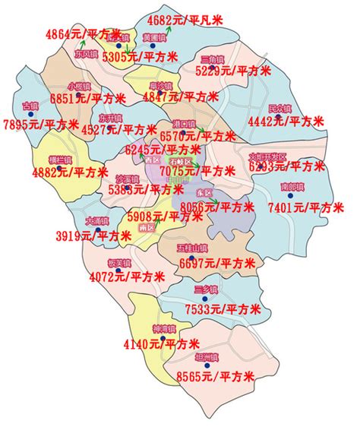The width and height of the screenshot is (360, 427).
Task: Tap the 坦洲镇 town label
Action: click(206, 357)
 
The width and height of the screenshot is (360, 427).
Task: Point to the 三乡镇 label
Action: click(205, 290)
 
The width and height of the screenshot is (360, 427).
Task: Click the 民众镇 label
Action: click(279, 107)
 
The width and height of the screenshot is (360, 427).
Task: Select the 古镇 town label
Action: click(31, 105)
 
